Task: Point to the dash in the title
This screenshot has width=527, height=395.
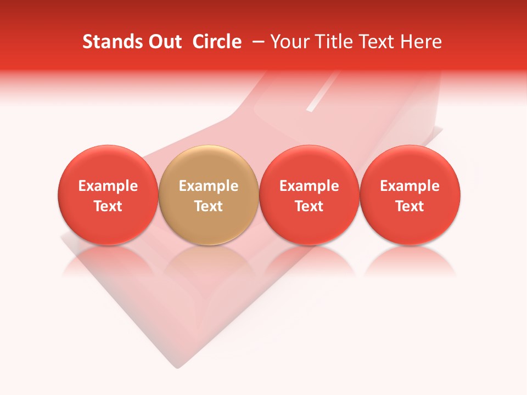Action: click(x=256, y=42)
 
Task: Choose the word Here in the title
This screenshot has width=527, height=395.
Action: click(x=421, y=42)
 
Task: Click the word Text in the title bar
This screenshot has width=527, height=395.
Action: click(x=378, y=42)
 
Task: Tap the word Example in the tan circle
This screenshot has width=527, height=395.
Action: click(x=209, y=186)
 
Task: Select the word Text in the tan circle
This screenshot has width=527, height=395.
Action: click(x=209, y=206)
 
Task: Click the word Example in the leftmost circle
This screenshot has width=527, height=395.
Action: click(x=108, y=186)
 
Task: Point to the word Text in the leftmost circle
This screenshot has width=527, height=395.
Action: click(x=108, y=206)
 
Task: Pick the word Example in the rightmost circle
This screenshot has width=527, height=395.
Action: click(x=410, y=186)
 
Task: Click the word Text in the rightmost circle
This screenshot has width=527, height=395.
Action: click(x=410, y=206)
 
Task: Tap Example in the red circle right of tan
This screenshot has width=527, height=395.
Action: click(x=309, y=186)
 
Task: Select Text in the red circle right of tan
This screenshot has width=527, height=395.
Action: click(x=309, y=206)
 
